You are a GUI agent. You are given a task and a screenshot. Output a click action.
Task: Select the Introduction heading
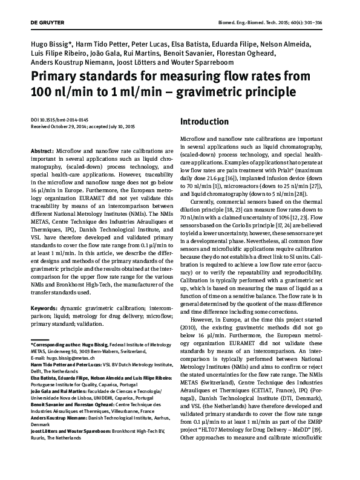(x=205, y=122)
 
